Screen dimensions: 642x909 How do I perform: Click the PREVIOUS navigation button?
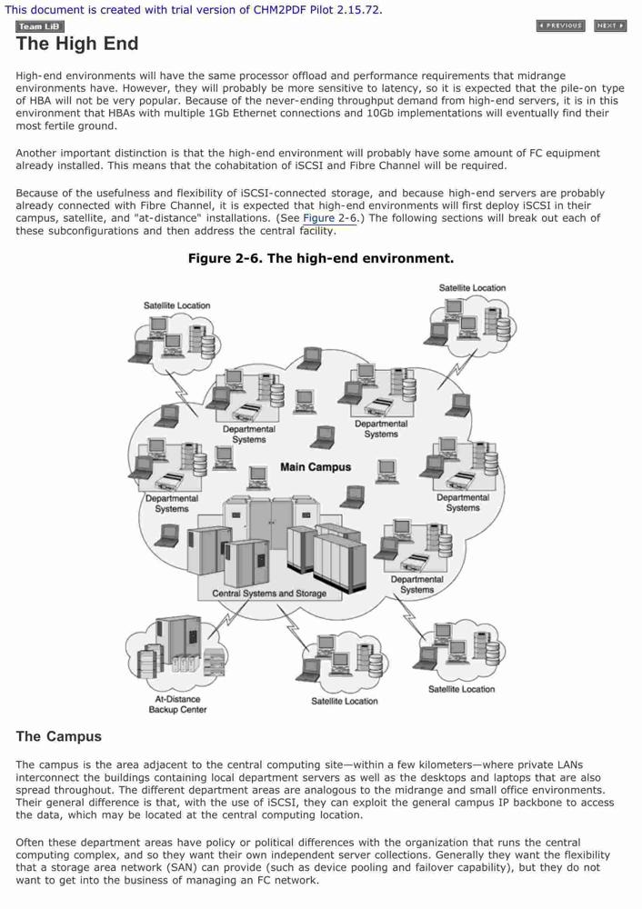(561, 25)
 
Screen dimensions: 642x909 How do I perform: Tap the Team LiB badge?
(39, 26)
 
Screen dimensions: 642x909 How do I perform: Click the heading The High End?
(77, 44)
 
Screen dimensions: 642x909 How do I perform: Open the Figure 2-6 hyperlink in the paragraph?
(329, 218)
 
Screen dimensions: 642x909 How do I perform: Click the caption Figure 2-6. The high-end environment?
(321, 258)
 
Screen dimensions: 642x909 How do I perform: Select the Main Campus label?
(316, 466)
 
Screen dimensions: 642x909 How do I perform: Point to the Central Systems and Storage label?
(269, 593)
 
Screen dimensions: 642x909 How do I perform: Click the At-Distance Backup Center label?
(177, 704)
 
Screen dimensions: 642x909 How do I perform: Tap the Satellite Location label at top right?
(472, 287)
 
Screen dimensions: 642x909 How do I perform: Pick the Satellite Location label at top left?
(177, 305)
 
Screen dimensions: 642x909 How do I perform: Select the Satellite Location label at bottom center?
(345, 701)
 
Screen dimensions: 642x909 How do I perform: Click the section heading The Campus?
(58, 736)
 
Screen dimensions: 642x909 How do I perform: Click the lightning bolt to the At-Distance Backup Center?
(227, 620)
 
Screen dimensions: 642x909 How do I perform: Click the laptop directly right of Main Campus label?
(386, 471)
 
